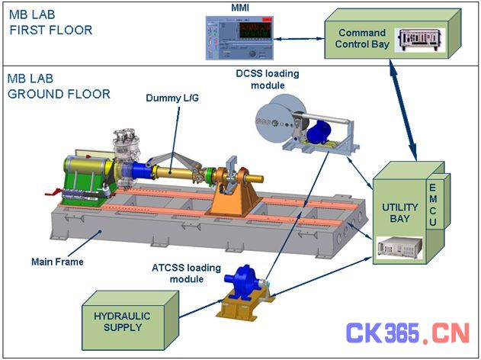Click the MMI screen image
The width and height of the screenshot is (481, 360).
(x=239, y=37)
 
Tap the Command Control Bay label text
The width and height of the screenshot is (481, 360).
(x=362, y=38)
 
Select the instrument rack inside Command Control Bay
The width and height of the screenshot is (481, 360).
(x=420, y=40)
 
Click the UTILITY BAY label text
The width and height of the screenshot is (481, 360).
(x=399, y=213)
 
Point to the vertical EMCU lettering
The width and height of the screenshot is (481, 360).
(x=432, y=204)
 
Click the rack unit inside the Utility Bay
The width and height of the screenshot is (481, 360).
(x=399, y=248)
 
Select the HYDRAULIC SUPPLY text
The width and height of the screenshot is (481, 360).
(x=122, y=321)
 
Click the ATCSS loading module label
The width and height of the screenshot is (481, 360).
(x=186, y=273)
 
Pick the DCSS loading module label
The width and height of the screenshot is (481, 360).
(x=268, y=79)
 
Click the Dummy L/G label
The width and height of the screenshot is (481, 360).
(x=172, y=98)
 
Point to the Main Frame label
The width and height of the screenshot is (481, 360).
(x=57, y=262)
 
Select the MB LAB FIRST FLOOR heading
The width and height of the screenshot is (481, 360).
(x=50, y=22)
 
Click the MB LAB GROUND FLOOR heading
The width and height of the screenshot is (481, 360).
(x=59, y=86)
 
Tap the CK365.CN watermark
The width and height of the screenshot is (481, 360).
(x=408, y=333)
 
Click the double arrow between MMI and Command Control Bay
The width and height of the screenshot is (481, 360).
(x=299, y=39)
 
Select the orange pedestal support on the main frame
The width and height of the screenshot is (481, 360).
(x=234, y=197)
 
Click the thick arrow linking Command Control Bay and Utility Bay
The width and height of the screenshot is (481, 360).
(x=403, y=110)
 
